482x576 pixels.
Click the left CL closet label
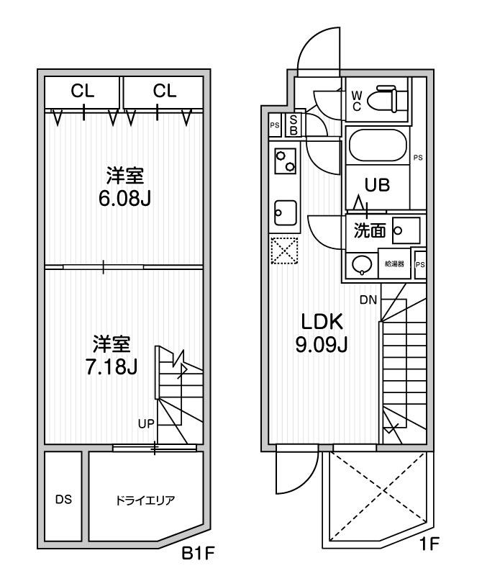tap(83, 91)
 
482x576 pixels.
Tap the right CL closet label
tap(165, 91)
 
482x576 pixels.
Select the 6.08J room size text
tap(124, 199)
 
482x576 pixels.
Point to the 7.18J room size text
tap(112, 366)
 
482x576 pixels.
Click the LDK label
tap(322, 322)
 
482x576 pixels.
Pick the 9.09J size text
tap(322, 345)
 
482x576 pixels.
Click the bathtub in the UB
tap(377, 145)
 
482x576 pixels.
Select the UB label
tap(377, 185)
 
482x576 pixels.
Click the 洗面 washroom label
tap(370, 230)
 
